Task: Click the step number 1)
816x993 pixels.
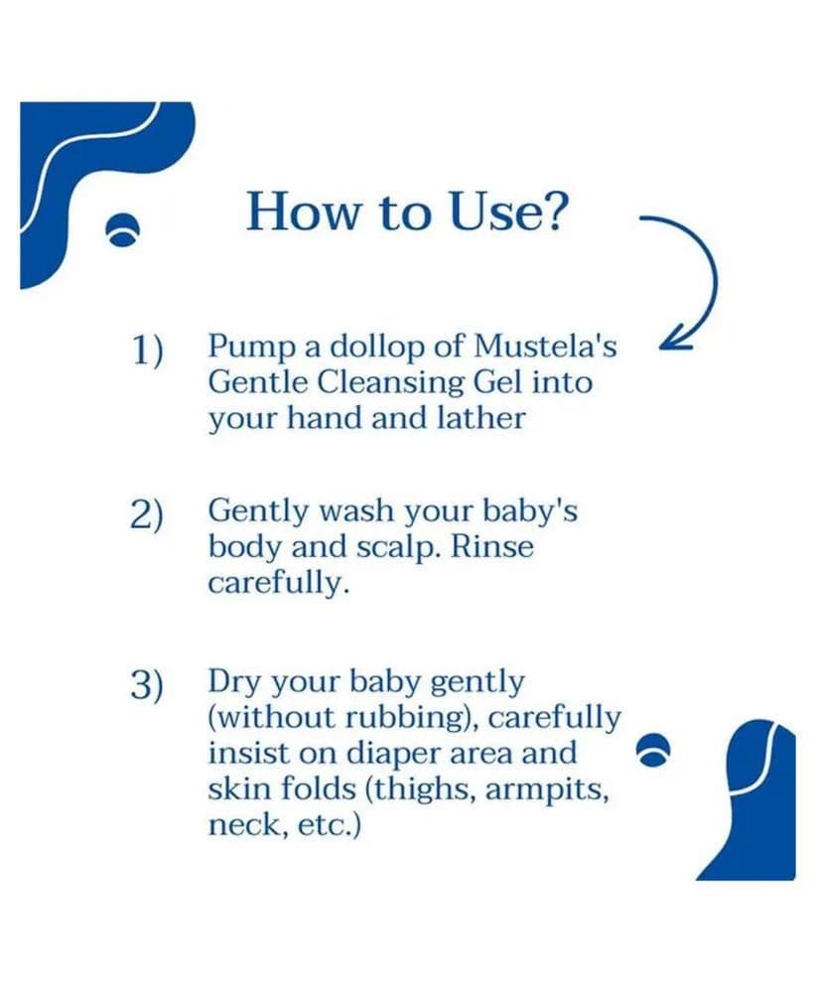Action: point(148,351)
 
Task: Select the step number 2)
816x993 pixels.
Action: point(147,514)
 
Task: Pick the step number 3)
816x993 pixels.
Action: point(147,685)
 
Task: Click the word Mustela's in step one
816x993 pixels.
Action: point(545,346)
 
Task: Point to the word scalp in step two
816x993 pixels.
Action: point(396,548)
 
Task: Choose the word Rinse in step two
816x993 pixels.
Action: point(491,546)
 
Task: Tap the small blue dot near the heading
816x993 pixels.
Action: point(121,230)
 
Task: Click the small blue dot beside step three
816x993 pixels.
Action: point(652,750)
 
